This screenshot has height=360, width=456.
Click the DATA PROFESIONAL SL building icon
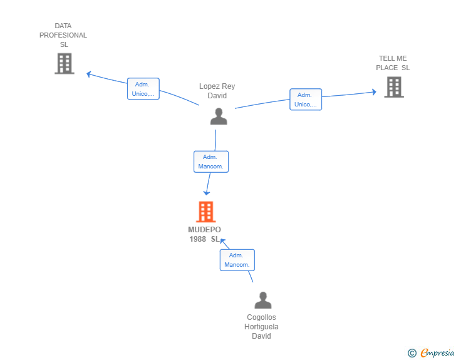[x=64, y=63]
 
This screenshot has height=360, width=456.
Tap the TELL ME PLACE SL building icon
[x=393, y=87]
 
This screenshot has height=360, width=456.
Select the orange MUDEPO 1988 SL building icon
[x=205, y=212]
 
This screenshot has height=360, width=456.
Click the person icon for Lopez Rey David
[x=218, y=116]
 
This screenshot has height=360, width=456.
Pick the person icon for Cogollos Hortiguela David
[x=263, y=300]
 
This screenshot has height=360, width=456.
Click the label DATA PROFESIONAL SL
[x=63, y=35]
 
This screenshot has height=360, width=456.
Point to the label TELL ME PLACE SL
[x=393, y=63]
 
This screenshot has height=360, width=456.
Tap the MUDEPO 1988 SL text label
[x=205, y=234]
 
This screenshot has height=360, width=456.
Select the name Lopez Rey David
[x=217, y=91]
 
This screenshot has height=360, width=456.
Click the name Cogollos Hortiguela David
[x=261, y=326]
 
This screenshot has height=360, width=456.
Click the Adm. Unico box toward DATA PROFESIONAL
[x=143, y=89]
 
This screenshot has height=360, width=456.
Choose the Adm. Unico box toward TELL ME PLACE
[x=306, y=100]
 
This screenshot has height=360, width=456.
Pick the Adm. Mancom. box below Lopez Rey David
[x=211, y=162]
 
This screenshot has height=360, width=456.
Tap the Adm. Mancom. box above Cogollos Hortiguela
[x=237, y=260]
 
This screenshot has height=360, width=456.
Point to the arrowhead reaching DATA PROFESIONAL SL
[x=89, y=74]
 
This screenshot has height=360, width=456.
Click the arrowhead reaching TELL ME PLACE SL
[x=373, y=92]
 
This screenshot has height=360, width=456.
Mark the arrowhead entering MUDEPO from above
[x=207, y=192]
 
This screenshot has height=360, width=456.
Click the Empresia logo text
[x=437, y=353]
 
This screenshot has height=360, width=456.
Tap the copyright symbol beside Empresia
[x=412, y=354]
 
